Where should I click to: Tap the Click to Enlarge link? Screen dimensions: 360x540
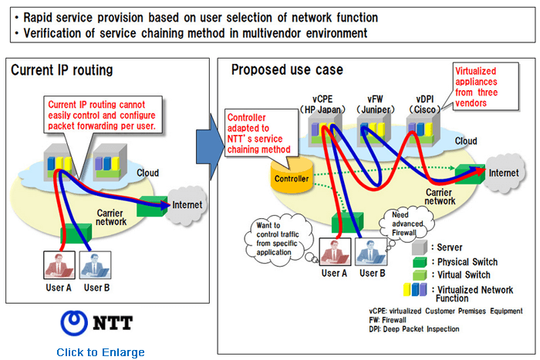click(x=100, y=352)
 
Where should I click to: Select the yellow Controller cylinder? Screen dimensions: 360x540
click(x=292, y=178)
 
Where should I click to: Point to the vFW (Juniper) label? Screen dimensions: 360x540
click(x=375, y=104)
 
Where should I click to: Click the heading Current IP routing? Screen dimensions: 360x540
click(x=62, y=70)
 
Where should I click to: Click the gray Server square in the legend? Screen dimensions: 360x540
click(x=417, y=247)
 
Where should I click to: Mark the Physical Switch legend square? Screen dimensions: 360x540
click(x=417, y=261)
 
